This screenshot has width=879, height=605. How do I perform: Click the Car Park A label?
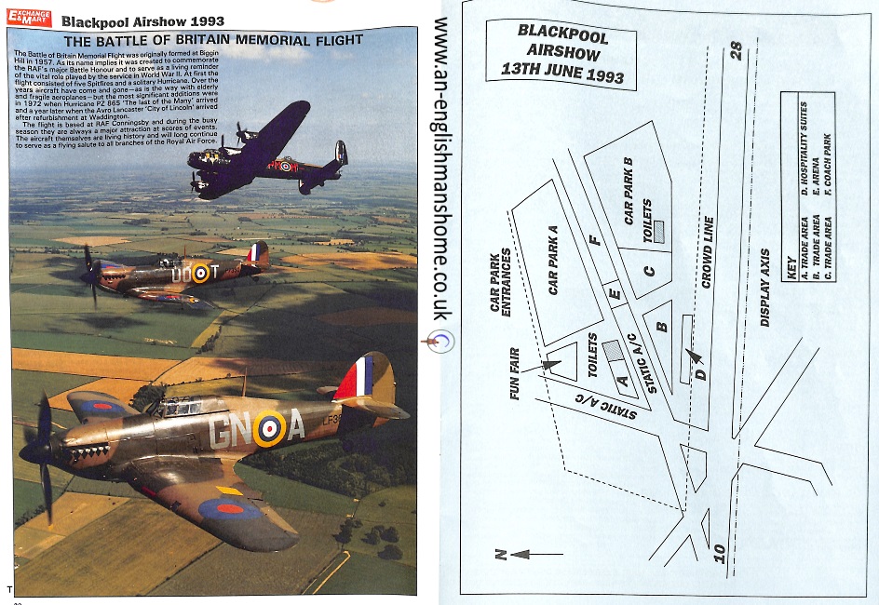click(x=552, y=261)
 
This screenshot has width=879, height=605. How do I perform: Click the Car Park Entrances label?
click(x=501, y=282)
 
